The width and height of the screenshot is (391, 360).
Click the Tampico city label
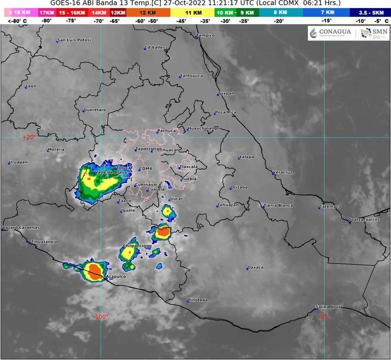[206, 35]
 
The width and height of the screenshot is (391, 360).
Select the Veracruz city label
[282, 172]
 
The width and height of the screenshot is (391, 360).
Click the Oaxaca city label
[255, 267]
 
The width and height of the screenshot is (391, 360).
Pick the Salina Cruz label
[329, 307]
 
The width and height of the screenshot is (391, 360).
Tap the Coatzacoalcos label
[364, 219]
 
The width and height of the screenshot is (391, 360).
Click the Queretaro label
[95, 110]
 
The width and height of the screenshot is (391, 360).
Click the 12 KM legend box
[147, 11]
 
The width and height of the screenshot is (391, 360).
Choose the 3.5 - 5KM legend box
[370, 11]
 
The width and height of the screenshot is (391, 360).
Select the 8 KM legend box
[280, 11]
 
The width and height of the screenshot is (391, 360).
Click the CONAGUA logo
[330, 33]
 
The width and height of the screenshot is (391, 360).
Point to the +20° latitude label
[28, 137]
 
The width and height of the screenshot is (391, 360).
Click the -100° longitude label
[100, 316]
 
